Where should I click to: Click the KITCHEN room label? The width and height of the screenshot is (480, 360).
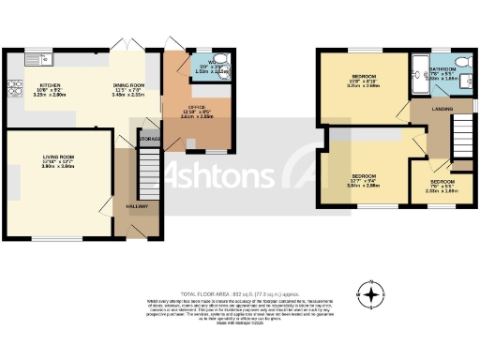pos(46,84)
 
